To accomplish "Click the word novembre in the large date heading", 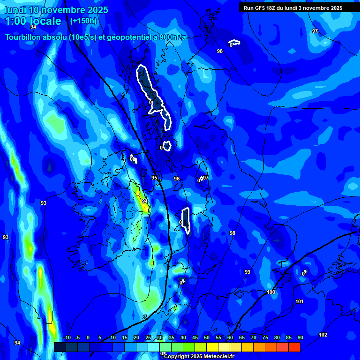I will point(65,10).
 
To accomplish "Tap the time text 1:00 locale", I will point(33,21).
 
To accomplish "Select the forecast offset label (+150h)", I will point(83,21).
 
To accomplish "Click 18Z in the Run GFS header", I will point(271,8).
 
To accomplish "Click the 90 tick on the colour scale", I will point(300,337).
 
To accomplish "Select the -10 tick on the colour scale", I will point(66,337).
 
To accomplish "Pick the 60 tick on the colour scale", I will point(230,337).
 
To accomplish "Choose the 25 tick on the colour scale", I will point(148,337).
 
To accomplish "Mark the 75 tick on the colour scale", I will point(265,337).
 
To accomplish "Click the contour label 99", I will point(247,272).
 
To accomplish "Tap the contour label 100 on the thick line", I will point(271,292).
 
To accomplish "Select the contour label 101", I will point(300,301).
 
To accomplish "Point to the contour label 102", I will point(323,335).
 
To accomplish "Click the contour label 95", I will point(154,178).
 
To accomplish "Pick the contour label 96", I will point(177,179).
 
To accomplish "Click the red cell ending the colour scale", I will point(294,347).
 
